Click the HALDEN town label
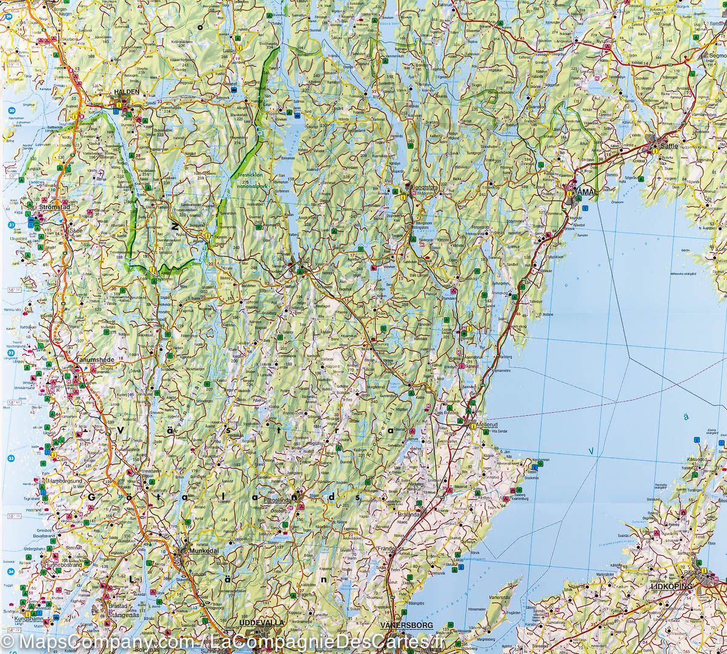click(126, 93)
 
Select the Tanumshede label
click(91, 359)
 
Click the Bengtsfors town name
click(423, 188)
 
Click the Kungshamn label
click(30, 619)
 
